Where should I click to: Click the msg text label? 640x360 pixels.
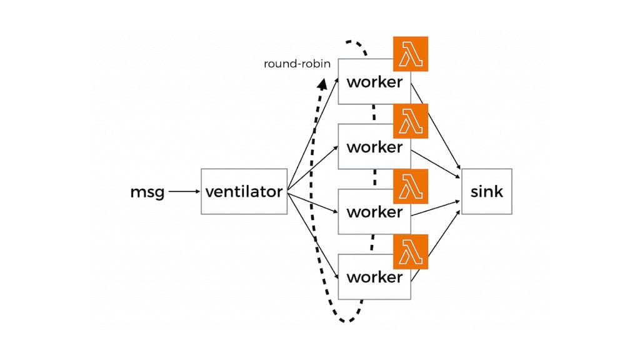(147, 192)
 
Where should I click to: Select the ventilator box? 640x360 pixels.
(244, 192)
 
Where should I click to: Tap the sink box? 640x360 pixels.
(486, 191)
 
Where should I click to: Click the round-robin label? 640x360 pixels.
(297, 64)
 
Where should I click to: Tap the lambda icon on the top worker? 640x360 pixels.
(411, 54)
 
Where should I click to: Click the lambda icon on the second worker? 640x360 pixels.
(411, 121)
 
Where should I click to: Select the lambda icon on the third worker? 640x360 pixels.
(411, 186)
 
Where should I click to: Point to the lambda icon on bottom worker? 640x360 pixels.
(411, 251)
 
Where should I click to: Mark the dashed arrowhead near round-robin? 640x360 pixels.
(322, 84)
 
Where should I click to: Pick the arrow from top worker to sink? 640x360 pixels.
(437, 131)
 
